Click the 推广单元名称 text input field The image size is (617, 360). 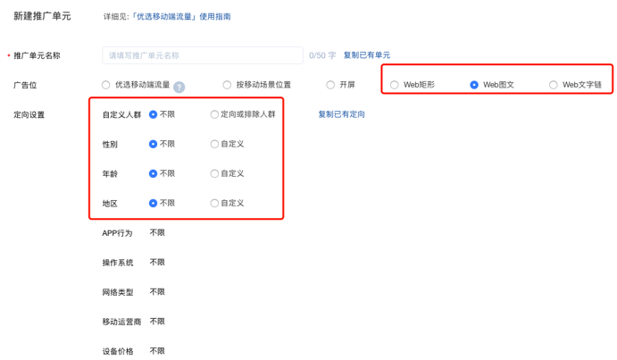(x=203, y=55)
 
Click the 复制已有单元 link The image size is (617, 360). (x=366, y=55)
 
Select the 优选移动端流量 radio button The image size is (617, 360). (x=106, y=85)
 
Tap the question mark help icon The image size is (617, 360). (x=179, y=87)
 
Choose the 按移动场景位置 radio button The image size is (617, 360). (x=227, y=85)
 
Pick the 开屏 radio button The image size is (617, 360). (x=330, y=85)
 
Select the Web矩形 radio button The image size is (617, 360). (x=395, y=85)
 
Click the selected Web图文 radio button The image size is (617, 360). (x=474, y=85)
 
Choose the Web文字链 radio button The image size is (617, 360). (x=554, y=85)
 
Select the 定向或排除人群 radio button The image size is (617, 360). (x=214, y=114)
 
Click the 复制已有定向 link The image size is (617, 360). (x=341, y=114)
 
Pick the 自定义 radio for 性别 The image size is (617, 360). (x=214, y=144)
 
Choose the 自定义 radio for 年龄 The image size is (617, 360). (x=214, y=173)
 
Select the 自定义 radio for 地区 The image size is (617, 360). (x=214, y=203)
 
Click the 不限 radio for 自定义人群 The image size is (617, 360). (x=154, y=114)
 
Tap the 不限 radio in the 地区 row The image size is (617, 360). (x=154, y=203)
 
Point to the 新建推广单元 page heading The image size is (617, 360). (x=42, y=17)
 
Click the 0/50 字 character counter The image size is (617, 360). (x=322, y=55)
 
